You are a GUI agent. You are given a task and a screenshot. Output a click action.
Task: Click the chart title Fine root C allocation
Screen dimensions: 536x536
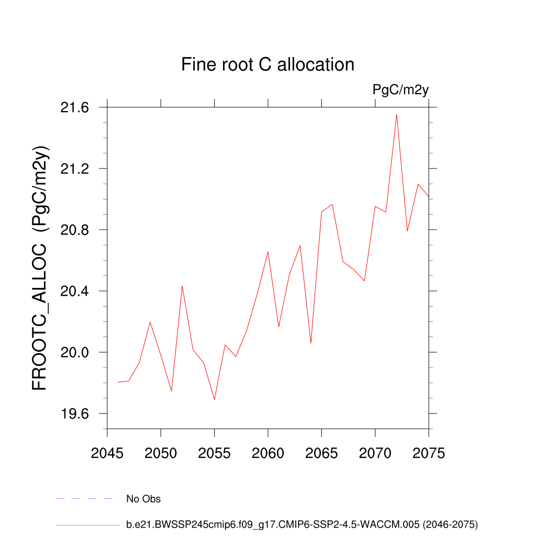point(267,64)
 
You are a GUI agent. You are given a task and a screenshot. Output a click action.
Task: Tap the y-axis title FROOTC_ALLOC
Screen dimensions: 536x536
point(40,267)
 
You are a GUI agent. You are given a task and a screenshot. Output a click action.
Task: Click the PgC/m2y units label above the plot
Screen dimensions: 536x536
point(400,90)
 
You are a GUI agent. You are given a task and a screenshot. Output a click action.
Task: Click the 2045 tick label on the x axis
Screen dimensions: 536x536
point(107,453)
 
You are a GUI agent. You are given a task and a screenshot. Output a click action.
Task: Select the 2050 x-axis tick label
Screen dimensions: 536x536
point(161,453)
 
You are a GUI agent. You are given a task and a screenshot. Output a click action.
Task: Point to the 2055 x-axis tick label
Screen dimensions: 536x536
point(215,453)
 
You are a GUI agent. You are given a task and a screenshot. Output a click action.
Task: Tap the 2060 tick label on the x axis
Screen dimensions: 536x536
point(268,453)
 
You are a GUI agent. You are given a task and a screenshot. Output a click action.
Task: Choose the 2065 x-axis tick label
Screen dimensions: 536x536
point(321,453)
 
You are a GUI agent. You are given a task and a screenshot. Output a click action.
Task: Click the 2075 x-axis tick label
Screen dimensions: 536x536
point(428,453)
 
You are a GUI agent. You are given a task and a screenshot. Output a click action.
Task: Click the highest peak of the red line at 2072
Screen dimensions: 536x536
point(396,114)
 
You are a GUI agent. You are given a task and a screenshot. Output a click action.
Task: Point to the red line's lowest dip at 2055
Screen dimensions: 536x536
point(215,399)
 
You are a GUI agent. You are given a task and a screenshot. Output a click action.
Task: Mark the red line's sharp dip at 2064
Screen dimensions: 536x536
point(311,343)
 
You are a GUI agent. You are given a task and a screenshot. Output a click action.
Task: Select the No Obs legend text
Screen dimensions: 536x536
point(143,499)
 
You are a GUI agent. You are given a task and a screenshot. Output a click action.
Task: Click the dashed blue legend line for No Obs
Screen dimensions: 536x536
point(84,499)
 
